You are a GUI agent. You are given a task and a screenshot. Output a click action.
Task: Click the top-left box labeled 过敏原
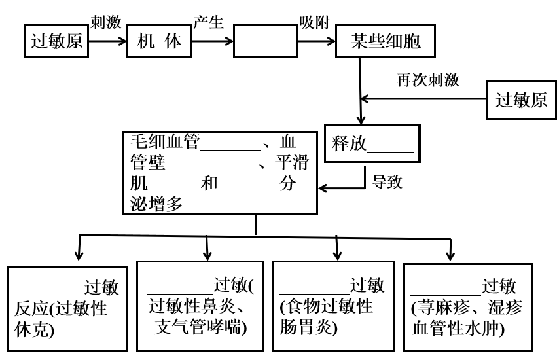[57, 43]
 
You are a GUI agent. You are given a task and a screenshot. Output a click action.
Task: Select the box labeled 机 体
[159, 43]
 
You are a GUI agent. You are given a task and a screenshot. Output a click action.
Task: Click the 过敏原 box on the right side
[521, 100]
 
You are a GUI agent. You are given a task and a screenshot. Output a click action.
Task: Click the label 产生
[209, 23]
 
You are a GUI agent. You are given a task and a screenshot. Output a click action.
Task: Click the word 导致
[387, 181]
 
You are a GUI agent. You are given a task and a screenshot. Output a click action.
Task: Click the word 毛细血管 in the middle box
[164, 141]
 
